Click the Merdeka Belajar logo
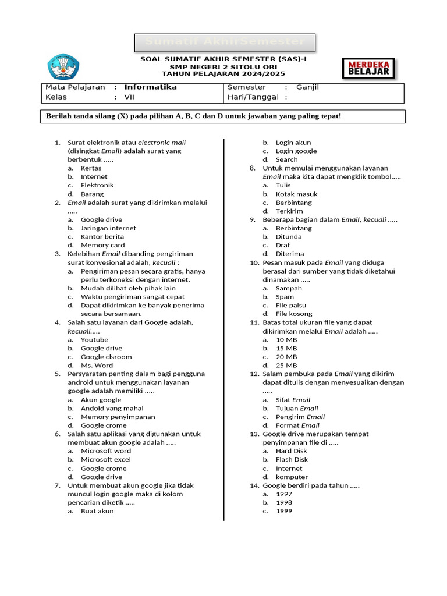[x=368, y=68]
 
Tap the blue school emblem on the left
[x=62, y=67]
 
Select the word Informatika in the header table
[x=150, y=87]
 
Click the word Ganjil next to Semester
[x=307, y=87]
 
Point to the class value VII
[x=129, y=97]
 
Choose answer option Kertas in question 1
[x=91, y=168]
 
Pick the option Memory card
[x=102, y=245]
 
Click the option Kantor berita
[x=102, y=237]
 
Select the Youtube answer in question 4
[x=94, y=340]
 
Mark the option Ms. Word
[x=97, y=366]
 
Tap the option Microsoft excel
[x=105, y=460]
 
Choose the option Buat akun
[x=97, y=511]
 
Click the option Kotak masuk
[x=296, y=194]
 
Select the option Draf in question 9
[x=282, y=245]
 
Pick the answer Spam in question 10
[x=285, y=297]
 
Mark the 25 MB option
[x=286, y=366]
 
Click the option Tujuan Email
[x=296, y=409]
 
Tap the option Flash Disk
[x=292, y=460]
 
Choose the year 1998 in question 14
[x=284, y=502]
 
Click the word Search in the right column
[x=286, y=159]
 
